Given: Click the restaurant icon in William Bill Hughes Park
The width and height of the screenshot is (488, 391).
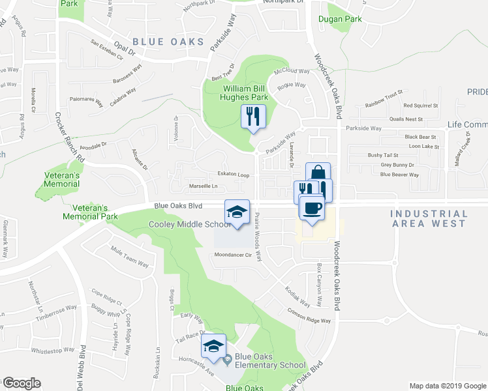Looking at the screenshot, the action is tap(252, 116).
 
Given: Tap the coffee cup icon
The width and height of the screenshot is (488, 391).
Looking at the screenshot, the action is tap(312, 208).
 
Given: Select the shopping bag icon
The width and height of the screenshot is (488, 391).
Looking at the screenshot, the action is tap(318, 174).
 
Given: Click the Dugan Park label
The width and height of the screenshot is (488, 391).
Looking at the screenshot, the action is tap(340, 20).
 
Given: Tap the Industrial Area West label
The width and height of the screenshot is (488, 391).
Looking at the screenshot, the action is tap(429, 218).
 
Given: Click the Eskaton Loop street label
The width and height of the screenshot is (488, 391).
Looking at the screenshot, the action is tap(234, 175).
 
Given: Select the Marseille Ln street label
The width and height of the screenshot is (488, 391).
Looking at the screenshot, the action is tap(203, 186).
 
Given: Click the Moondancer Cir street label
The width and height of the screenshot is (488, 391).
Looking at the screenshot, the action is tap(233, 255).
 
